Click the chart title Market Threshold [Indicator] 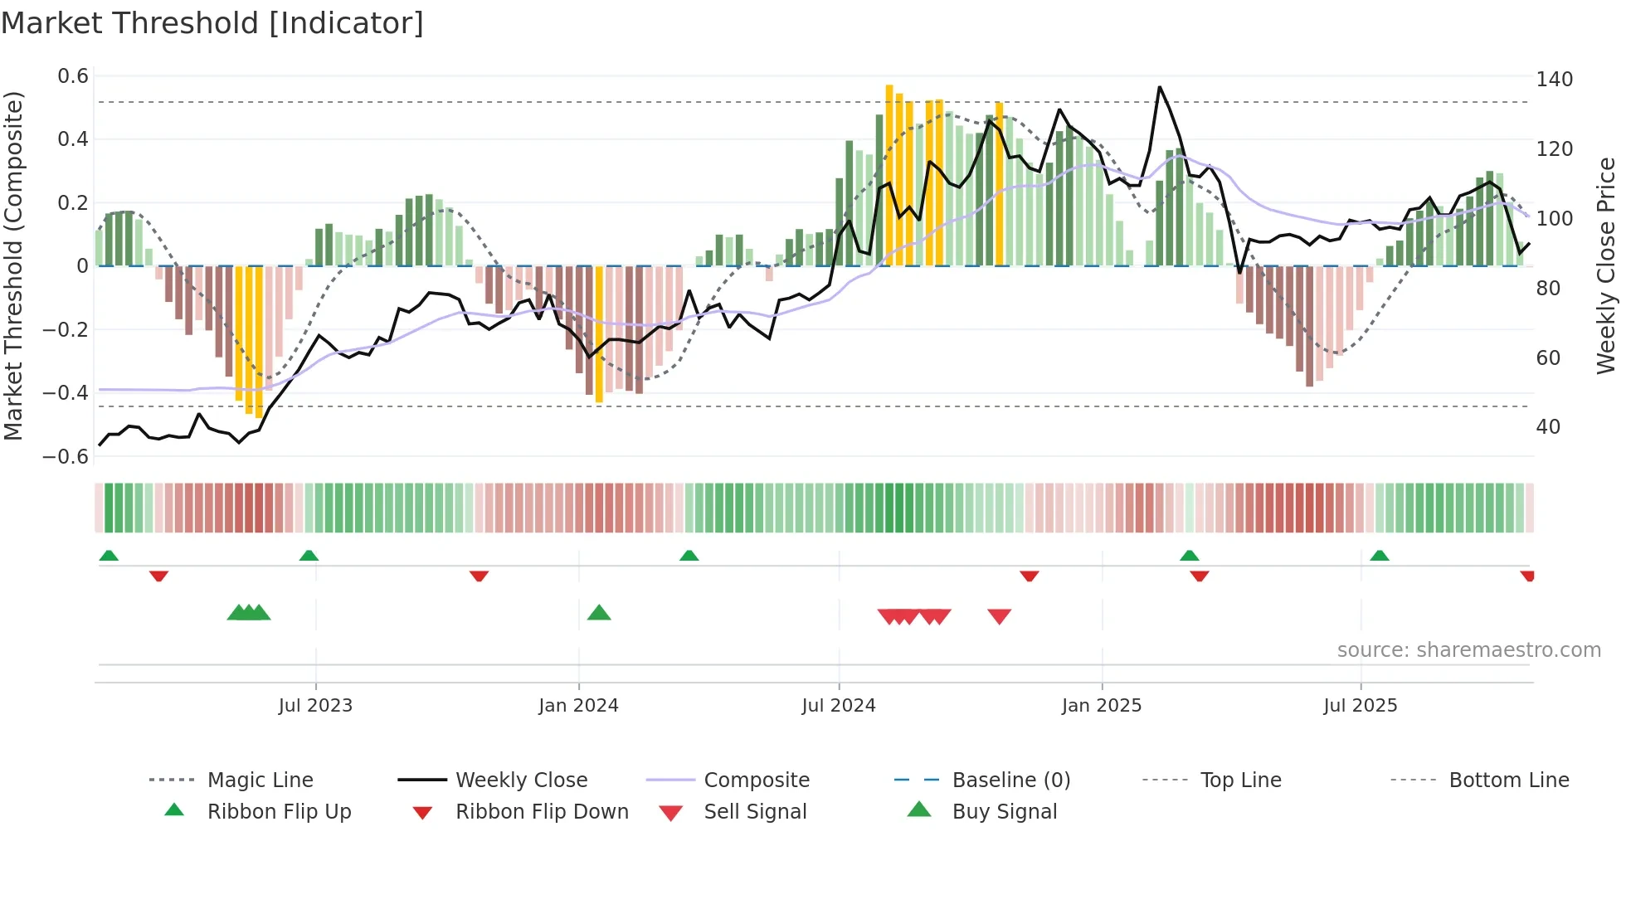coord(212,23)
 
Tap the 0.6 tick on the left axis coord(73,76)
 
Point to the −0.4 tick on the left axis coord(66,392)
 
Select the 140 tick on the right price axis coord(1554,80)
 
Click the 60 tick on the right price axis coord(1548,358)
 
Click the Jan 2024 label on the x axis coord(578,706)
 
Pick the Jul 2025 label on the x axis coord(1360,706)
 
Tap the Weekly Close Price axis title coord(1606,265)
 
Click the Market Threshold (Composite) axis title coord(13,265)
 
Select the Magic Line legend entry coord(260,780)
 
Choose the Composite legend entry coord(756,780)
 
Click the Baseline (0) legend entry coord(1010,780)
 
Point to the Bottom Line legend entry coord(1508,780)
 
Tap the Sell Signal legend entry coord(754,812)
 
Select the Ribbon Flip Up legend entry coord(279,812)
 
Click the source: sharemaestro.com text coord(1468,650)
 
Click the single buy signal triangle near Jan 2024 coord(599,614)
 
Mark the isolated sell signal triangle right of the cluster coord(1000,616)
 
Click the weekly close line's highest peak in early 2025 coord(1159,87)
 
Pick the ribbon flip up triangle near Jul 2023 coord(309,556)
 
